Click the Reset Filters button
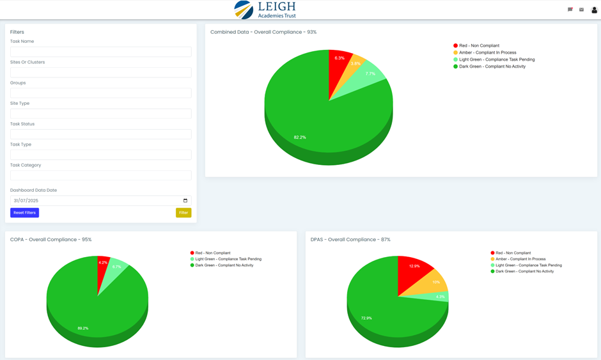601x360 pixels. [x=24, y=212]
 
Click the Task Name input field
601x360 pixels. [x=100, y=52]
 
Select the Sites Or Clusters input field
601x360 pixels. [x=100, y=72]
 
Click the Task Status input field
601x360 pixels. [x=100, y=134]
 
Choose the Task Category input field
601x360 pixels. [x=100, y=175]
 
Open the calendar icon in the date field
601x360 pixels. [x=185, y=201]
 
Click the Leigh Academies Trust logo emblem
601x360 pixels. [x=244, y=10]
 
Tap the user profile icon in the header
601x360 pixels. [x=594, y=10]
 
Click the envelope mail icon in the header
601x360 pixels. [x=581, y=10]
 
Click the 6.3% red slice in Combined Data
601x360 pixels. [x=339, y=64]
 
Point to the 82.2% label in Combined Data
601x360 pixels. [x=299, y=137]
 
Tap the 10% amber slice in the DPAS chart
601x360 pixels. [x=435, y=283]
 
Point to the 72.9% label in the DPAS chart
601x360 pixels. [x=366, y=318]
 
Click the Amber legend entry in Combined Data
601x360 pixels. [x=488, y=52]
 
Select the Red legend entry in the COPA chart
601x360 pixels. [x=212, y=253]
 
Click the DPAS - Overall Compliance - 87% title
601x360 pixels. [x=350, y=240]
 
